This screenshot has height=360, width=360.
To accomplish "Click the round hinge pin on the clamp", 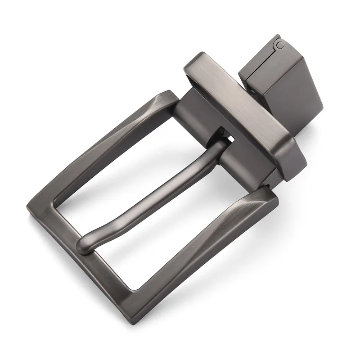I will point(280,44).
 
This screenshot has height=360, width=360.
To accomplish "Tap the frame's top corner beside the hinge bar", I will point(169,94).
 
